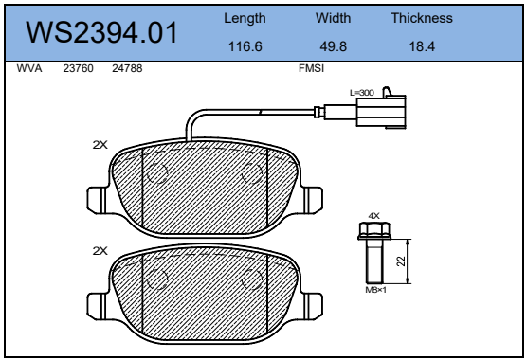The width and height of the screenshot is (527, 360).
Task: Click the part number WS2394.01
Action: click(x=101, y=32)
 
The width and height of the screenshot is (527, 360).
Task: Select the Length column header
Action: click(x=245, y=18)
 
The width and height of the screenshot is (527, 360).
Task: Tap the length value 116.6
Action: click(x=245, y=46)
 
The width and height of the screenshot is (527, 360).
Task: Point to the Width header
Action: click(x=333, y=18)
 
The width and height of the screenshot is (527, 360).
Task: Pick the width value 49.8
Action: click(x=333, y=46)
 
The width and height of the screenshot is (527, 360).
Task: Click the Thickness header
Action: click(x=422, y=18)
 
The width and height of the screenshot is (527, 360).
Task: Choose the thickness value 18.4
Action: click(x=422, y=46)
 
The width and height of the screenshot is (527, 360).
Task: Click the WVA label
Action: click(x=29, y=68)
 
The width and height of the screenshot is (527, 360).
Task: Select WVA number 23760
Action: click(x=78, y=68)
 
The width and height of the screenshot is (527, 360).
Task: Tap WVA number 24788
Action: click(x=127, y=68)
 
